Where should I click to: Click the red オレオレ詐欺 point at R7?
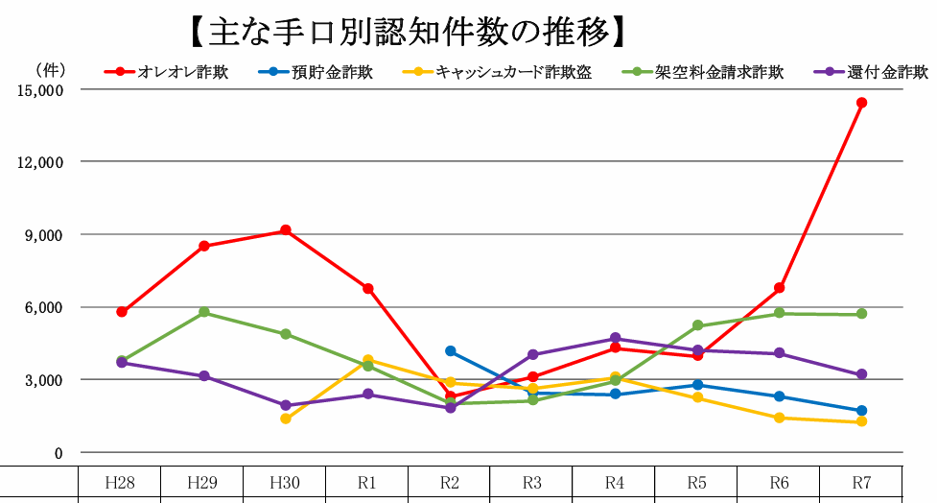pos(861,103)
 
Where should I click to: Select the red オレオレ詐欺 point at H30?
pos(286,230)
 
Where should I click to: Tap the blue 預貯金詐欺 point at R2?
pos(451,351)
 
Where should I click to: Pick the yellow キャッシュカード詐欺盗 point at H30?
pos(286,419)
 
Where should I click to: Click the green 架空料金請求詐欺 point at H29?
pos(204,312)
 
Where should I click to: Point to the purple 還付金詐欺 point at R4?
pos(615,338)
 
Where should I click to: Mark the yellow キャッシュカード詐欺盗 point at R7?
pos(861,421)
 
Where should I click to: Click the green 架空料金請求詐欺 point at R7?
pos(861,314)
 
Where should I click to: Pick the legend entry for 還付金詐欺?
pos(887,72)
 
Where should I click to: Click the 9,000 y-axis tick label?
pos(41,234)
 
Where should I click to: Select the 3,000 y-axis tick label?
pos(41,380)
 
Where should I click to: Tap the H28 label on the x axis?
pos(119,480)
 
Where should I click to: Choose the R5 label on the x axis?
pos(696,480)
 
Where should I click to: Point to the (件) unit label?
pos(49,69)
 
